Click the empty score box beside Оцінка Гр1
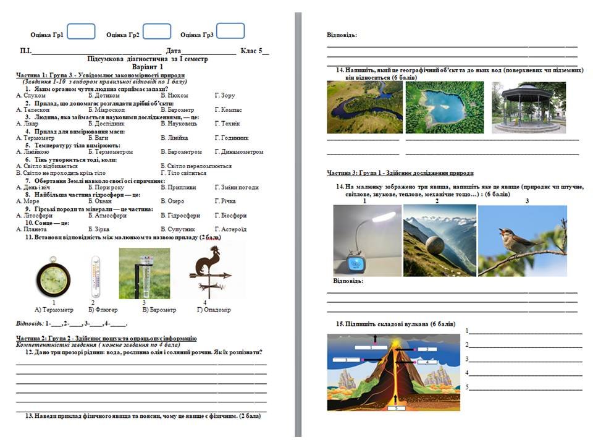(x=81, y=32)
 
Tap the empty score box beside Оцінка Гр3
(x=230, y=31)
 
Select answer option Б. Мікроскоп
(x=106, y=109)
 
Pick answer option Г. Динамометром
(x=239, y=151)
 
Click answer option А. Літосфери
(x=35, y=216)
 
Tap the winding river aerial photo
(x=363, y=108)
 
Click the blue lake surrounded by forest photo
(x=444, y=108)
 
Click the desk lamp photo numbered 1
(x=366, y=241)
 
